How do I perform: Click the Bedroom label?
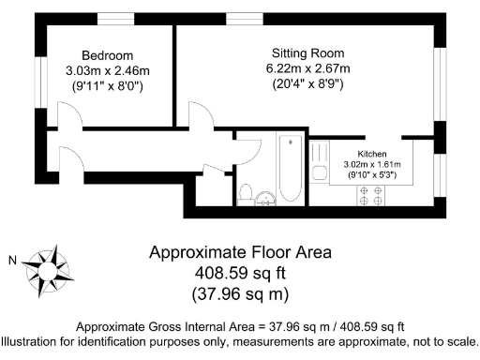102,54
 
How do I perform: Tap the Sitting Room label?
308,52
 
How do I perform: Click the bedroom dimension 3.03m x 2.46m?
102,69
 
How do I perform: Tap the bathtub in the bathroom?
290,169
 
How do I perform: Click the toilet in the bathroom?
246,193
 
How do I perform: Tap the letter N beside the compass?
11,261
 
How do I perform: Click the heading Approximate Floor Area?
240,254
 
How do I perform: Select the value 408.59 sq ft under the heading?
240,274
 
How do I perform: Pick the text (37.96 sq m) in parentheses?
240,293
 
